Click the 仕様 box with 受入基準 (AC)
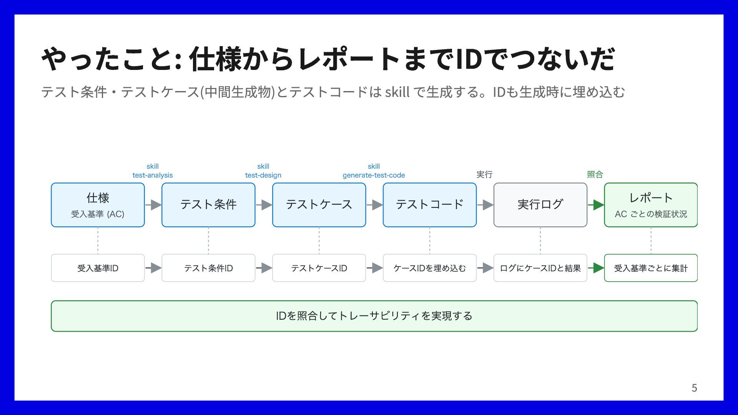pyautogui.click(x=98, y=205)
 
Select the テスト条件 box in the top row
pyautogui.click(x=208, y=205)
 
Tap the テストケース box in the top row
pyautogui.click(x=319, y=205)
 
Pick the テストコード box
pyautogui.click(x=430, y=205)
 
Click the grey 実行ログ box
pyautogui.click(x=540, y=205)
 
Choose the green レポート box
pyautogui.click(x=651, y=205)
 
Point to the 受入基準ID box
pyautogui.click(x=98, y=268)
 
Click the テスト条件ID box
pyautogui.click(x=208, y=268)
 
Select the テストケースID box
pyautogui.click(x=319, y=268)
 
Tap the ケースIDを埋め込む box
pyautogui.click(x=430, y=268)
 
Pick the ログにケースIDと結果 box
pyautogui.click(x=540, y=268)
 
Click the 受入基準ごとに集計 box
pyautogui.click(x=651, y=268)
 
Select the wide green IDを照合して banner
pyautogui.click(x=374, y=316)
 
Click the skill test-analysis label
pyautogui.click(x=153, y=171)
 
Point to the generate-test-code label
pyautogui.click(x=374, y=175)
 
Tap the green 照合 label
pyautogui.click(x=595, y=174)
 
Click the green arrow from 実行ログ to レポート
pyautogui.click(x=596, y=205)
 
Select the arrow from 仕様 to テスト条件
pyautogui.click(x=153, y=205)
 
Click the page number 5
pyautogui.click(x=694, y=388)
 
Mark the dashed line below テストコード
pyautogui.click(x=430, y=241)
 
